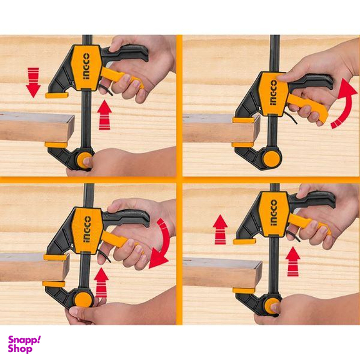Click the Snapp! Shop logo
24,343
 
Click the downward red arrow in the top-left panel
33,82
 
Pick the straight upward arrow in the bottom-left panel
102,282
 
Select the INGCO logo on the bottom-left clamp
86,229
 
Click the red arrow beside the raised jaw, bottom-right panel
221,229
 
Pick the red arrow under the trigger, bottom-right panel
292,261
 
